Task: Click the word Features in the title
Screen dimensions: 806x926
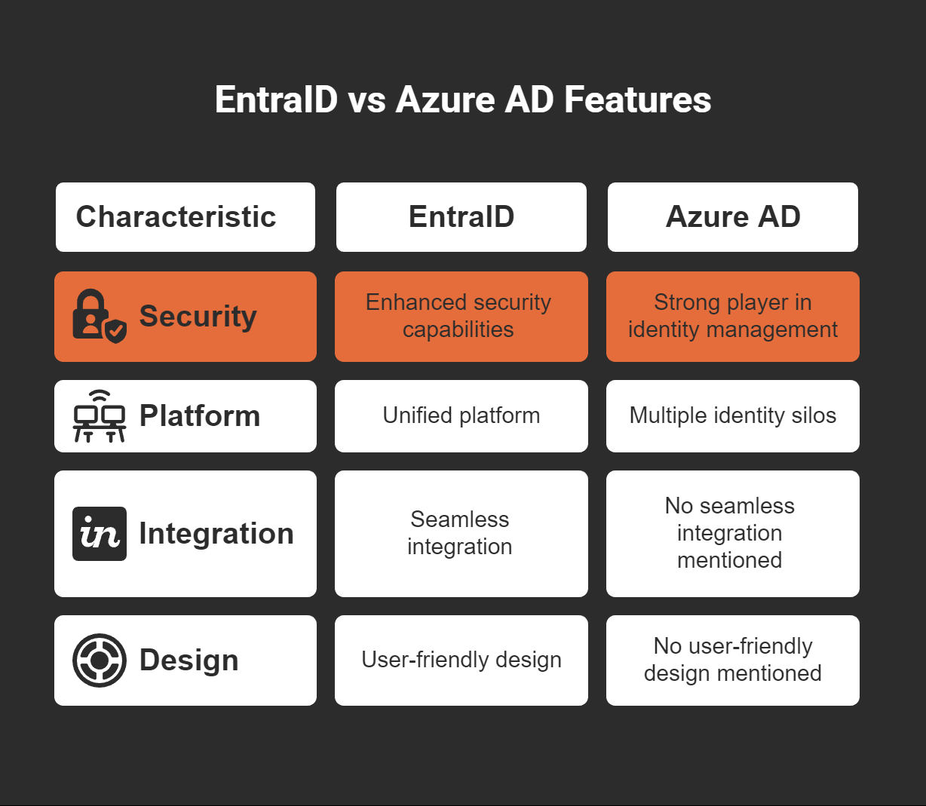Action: pos(637,100)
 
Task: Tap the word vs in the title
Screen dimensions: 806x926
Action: pos(367,100)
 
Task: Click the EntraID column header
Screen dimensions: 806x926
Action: pos(461,217)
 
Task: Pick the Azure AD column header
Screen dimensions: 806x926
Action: pos(732,217)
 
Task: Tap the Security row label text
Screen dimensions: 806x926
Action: pos(198,316)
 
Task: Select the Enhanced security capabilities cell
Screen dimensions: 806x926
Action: pos(461,316)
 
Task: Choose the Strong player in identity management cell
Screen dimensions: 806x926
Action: pos(732,316)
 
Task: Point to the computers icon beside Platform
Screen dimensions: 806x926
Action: pos(99,416)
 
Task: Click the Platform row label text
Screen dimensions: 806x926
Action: pos(200,416)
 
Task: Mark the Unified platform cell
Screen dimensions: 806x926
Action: pos(461,415)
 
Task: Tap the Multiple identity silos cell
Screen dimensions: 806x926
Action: pos(732,415)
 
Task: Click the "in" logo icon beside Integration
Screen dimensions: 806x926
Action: pos(99,534)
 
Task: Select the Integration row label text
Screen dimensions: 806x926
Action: pos(216,534)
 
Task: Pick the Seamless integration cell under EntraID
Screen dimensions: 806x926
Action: pos(461,533)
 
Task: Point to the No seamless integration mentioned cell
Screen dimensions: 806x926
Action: pos(732,533)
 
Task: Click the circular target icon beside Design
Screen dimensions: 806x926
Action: pos(99,660)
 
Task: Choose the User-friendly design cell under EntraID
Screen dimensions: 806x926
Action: pos(461,660)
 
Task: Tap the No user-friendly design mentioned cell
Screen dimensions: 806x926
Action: pos(732,660)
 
